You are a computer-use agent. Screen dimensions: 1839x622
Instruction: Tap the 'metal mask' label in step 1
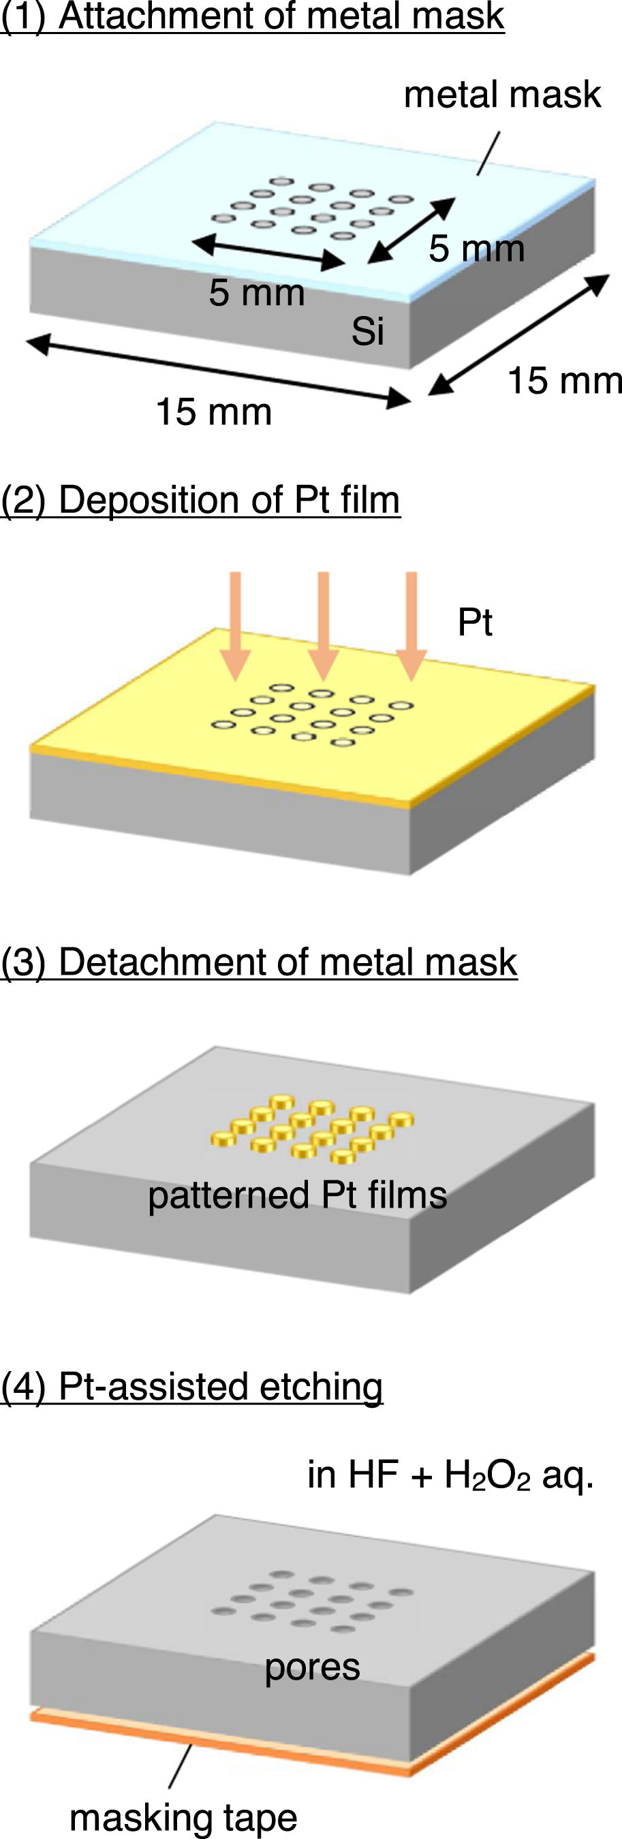(502, 94)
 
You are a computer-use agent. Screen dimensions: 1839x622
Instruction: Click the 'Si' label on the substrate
(367, 331)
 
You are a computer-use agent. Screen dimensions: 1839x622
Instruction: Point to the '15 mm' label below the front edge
(213, 412)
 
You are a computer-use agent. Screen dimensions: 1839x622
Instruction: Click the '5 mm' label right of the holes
(476, 249)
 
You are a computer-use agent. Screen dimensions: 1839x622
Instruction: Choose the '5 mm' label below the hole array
(256, 293)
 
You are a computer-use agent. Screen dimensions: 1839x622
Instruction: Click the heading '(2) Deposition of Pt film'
(200, 499)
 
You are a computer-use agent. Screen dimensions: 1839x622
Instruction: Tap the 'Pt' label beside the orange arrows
(475, 622)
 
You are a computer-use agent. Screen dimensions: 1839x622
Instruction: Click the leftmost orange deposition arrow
(236, 621)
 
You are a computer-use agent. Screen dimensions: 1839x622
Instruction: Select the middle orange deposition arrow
(324, 621)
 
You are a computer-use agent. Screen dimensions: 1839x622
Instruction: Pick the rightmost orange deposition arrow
(411, 621)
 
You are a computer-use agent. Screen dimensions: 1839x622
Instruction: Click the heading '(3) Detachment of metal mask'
(258, 962)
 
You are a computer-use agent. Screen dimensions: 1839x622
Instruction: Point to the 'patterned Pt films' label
(297, 1195)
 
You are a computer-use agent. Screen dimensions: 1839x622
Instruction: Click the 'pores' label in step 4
(312, 1667)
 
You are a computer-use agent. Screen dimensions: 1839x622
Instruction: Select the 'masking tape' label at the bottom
(183, 1817)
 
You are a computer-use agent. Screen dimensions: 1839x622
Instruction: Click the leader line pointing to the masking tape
(181, 1766)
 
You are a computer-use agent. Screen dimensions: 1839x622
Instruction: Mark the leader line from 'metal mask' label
(488, 153)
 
